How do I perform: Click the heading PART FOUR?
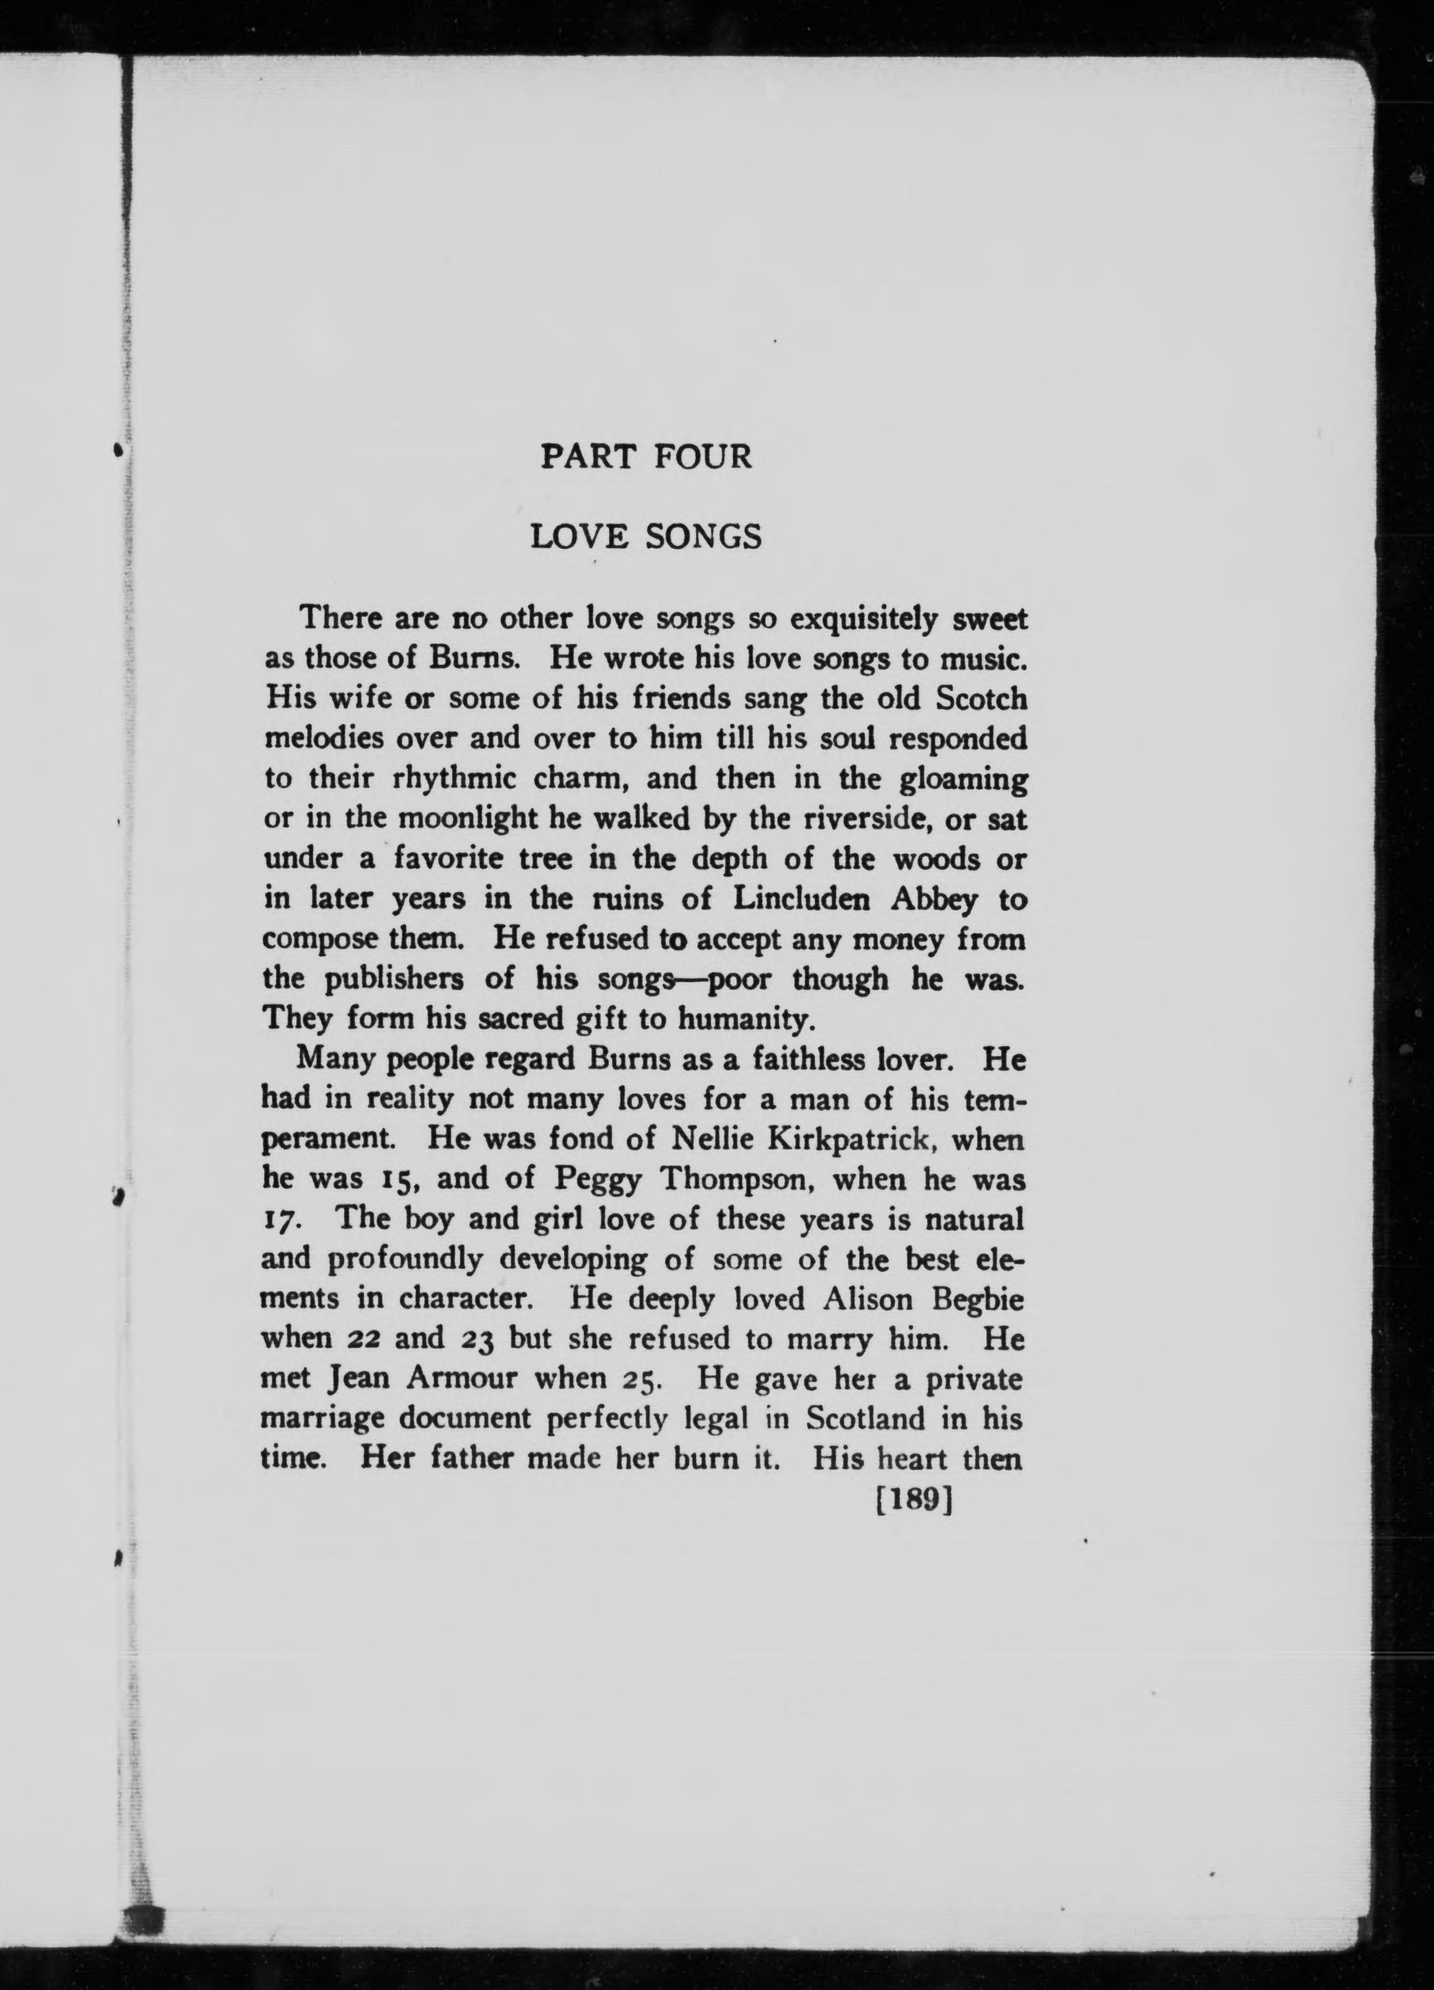(x=646, y=457)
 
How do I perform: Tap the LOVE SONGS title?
(x=646, y=536)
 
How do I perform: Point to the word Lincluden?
(x=806, y=899)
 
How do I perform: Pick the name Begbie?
(x=979, y=1298)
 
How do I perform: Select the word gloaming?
(x=963, y=780)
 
